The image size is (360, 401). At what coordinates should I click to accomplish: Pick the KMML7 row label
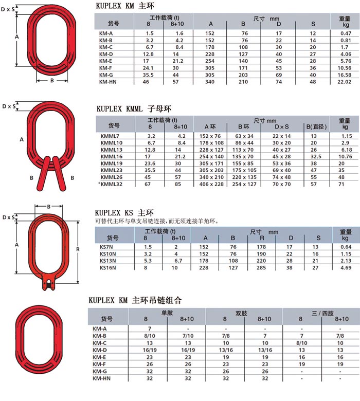[x=111, y=136]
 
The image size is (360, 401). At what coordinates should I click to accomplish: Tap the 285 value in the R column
[x=262, y=267]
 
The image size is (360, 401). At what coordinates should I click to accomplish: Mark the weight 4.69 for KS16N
[x=345, y=267]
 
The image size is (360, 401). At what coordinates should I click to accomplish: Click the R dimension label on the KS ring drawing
[x=78, y=249]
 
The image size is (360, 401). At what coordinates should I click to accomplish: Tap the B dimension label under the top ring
[x=52, y=81]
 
